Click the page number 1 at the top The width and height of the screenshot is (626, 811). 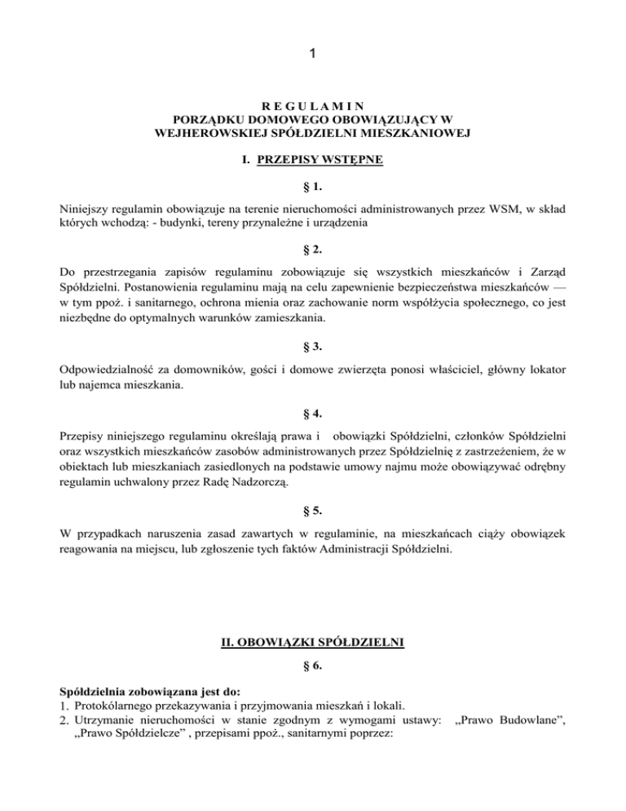pyautogui.click(x=313, y=55)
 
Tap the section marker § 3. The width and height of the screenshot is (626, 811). pyautogui.click(x=313, y=332)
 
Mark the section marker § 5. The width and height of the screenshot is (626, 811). pyautogui.click(x=313, y=512)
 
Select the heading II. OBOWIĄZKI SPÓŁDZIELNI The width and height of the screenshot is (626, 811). pyautogui.click(x=313, y=641)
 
